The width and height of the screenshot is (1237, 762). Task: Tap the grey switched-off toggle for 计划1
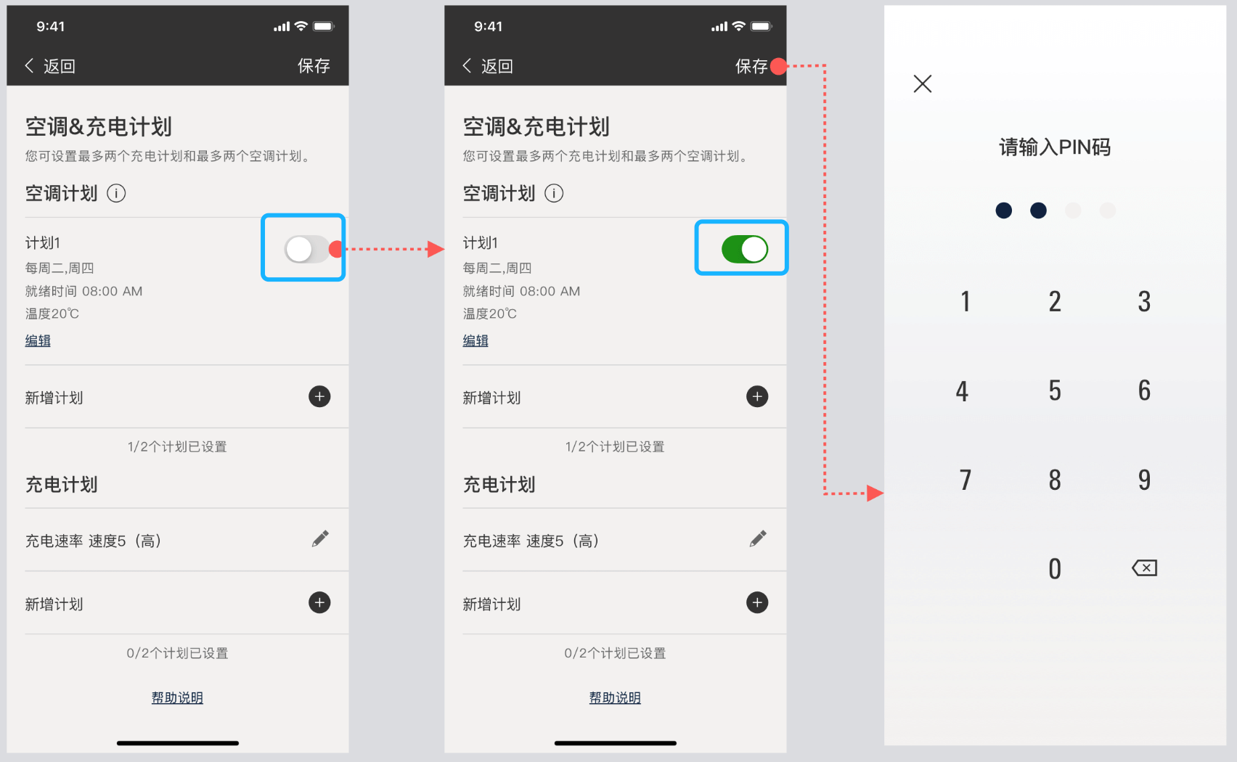[306, 249]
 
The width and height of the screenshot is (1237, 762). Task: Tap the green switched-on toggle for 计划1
[744, 249]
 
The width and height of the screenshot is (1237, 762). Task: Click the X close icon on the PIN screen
[922, 84]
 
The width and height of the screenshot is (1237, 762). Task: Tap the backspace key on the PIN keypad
[1144, 568]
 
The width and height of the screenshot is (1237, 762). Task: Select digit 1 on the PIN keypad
[965, 301]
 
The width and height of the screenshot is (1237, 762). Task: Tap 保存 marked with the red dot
[751, 66]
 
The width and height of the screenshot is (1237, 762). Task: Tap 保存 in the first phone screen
[314, 66]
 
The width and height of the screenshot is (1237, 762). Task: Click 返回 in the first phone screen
[59, 66]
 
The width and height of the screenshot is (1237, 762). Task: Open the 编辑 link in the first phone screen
[38, 340]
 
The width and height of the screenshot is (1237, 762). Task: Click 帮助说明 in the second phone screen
[615, 697]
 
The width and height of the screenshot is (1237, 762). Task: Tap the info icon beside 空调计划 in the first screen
[116, 193]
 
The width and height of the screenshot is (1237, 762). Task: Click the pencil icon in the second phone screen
[758, 538]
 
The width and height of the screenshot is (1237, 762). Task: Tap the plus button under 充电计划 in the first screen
[319, 602]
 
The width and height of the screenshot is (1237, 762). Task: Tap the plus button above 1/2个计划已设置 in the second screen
[757, 396]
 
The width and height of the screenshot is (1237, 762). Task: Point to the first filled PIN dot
[1003, 210]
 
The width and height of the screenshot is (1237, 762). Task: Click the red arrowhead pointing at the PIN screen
[875, 493]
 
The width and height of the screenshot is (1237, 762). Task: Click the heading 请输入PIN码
[1055, 147]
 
